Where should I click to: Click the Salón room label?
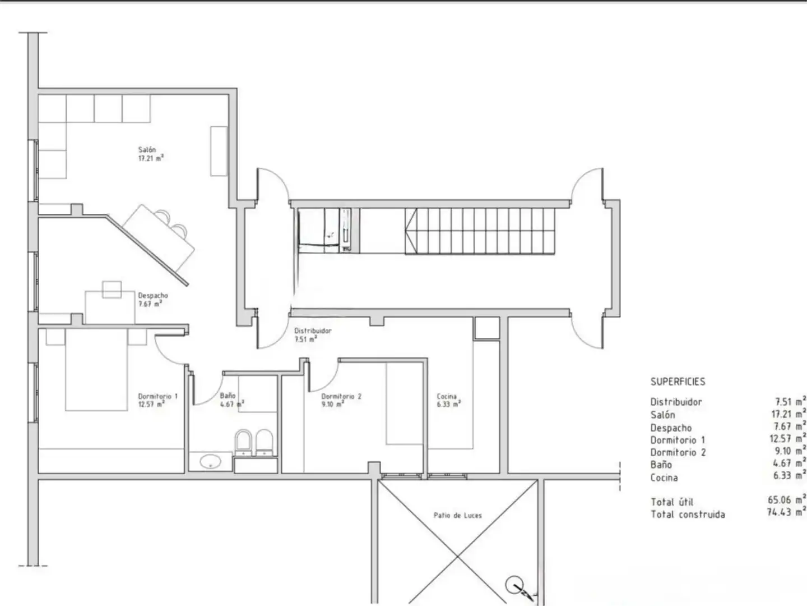point(147,150)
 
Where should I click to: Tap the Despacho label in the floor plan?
point(153,296)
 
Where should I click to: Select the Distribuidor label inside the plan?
point(313,331)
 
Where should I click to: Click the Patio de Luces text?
point(458,516)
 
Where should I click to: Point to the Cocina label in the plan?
point(447,396)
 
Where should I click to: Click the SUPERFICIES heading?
point(678,382)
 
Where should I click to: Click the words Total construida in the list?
point(688,514)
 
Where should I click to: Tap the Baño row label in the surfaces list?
point(661,465)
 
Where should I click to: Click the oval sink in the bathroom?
point(211,461)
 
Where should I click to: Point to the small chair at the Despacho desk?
point(112,290)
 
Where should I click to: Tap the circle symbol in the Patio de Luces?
point(514,585)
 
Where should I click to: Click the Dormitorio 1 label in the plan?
point(157,396)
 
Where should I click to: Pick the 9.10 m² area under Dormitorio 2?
point(333,405)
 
